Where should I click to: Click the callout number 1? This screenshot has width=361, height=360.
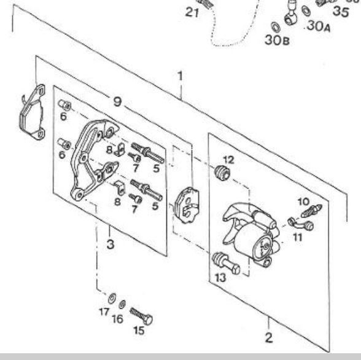click(x=180, y=76)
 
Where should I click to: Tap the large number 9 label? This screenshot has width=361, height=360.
click(x=117, y=101)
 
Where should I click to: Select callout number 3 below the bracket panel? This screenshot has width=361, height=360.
click(x=111, y=244)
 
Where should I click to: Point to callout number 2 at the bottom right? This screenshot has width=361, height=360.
click(x=269, y=338)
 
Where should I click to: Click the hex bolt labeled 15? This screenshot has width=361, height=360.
click(x=141, y=316)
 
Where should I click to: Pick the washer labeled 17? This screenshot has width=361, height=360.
click(x=112, y=299)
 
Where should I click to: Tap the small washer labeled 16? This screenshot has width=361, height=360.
click(x=122, y=305)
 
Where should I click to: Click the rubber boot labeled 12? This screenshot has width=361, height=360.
click(x=222, y=173)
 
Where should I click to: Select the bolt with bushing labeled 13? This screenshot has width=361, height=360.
click(x=226, y=264)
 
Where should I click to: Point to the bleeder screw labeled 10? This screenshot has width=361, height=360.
click(x=311, y=211)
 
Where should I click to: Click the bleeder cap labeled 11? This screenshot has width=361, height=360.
click(x=301, y=224)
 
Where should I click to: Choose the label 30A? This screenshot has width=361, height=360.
click(x=319, y=26)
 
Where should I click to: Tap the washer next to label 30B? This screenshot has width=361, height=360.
click(x=275, y=27)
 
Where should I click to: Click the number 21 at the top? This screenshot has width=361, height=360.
click(x=192, y=12)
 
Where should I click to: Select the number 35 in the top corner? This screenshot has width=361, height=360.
click(x=341, y=12)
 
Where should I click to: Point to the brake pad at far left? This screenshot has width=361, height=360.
click(x=32, y=112)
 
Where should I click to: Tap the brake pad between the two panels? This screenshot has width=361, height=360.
click(x=187, y=205)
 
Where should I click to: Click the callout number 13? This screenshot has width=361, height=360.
click(x=220, y=278)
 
